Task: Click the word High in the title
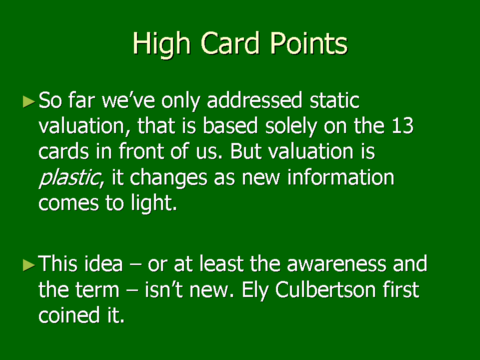coord(161,44)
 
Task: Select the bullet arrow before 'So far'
coord(29,101)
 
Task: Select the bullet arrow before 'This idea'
coord(29,265)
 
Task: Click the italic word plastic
coord(70,177)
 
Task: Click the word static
coord(334,100)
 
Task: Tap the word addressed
coord(254,100)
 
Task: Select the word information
coord(340,177)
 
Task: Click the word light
coord(154,203)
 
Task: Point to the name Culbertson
coord(325,289)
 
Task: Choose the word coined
coord(69,315)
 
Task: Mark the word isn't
coord(164,289)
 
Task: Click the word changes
coord(168,178)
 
